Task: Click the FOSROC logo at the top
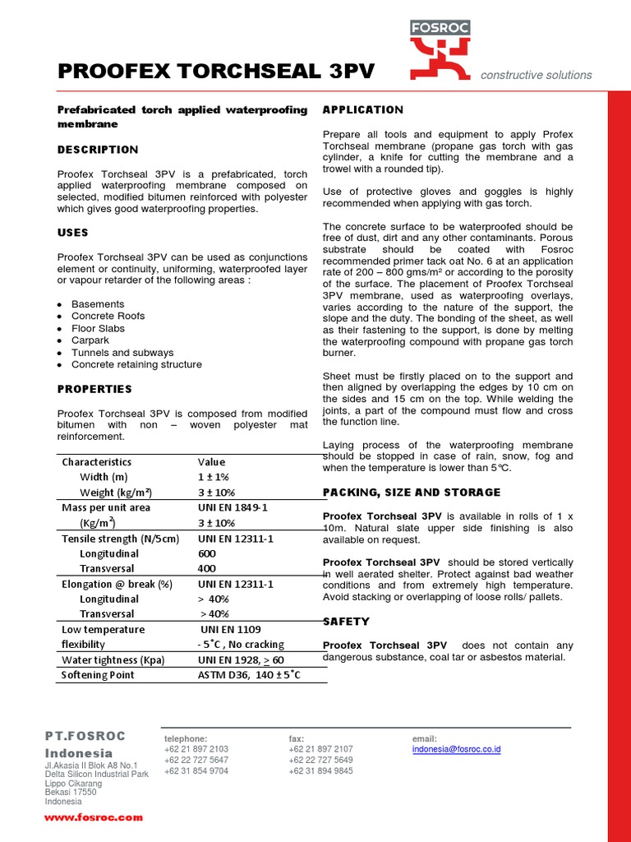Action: click(440, 49)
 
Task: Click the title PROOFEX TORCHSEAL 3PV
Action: click(216, 72)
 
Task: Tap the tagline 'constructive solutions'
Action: click(536, 75)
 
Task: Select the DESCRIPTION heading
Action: click(98, 150)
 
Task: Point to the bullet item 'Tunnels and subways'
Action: click(122, 353)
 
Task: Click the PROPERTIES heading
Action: click(94, 389)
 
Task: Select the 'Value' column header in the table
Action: click(211, 462)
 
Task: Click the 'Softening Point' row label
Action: click(98, 675)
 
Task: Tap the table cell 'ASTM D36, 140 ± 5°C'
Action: click(249, 675)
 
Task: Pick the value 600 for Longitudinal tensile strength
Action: click(207, 553)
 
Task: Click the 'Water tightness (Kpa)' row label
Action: click(113, 660)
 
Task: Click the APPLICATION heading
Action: click(363, 110)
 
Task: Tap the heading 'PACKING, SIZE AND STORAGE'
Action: click(411, 493)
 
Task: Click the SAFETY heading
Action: click(346, 622)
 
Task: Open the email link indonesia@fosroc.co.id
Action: click(456, 749)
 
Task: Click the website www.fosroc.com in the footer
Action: click(94, 817)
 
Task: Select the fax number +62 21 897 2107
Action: click(320, 749)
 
